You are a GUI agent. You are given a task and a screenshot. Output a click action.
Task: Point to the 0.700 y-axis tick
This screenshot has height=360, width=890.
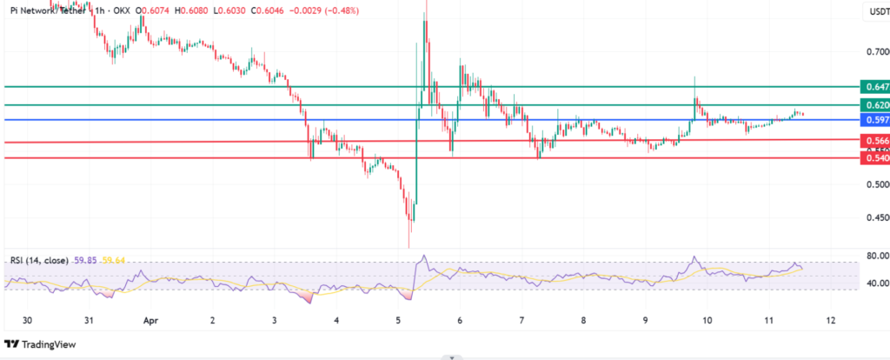point(873,52)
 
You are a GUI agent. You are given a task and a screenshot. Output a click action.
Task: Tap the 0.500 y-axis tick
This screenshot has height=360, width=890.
point(873,185)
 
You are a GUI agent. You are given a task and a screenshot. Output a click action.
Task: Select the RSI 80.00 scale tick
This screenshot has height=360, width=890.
point(873,257)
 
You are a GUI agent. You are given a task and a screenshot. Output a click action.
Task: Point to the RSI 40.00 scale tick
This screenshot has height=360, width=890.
point(873,283)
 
